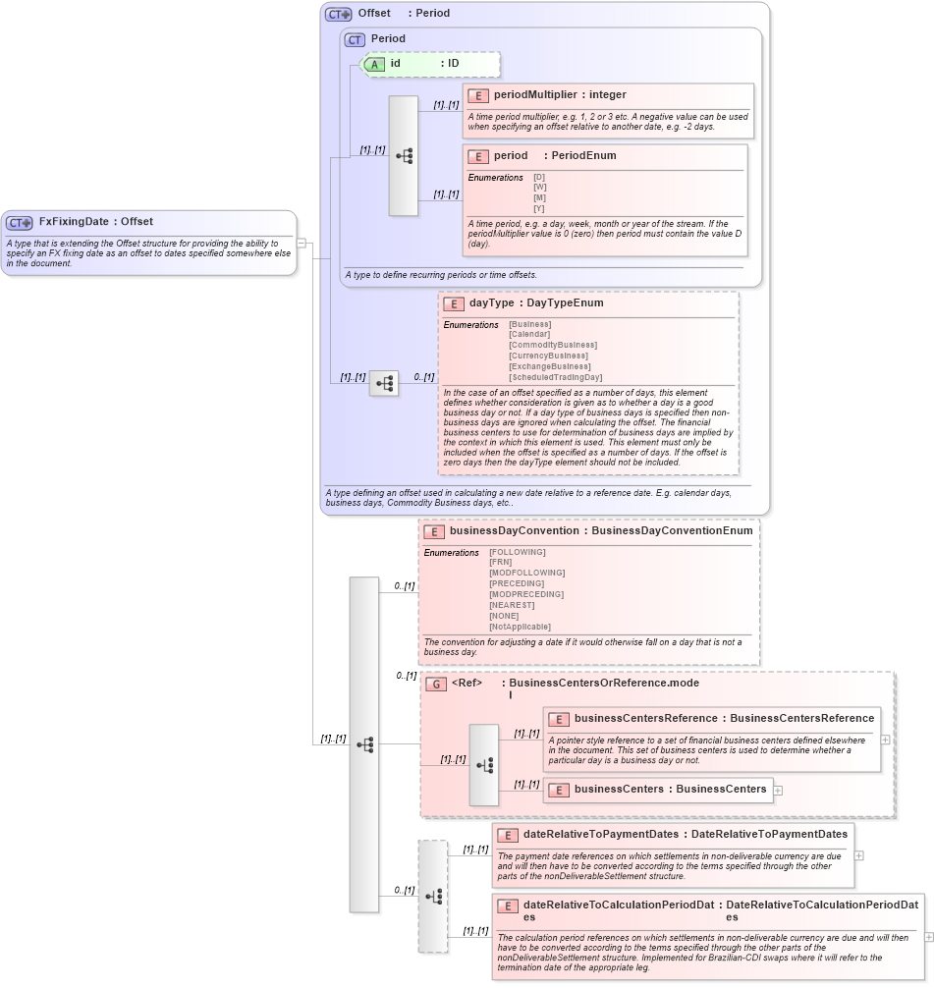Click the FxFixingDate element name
point(74,222)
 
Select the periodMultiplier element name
point(535,95)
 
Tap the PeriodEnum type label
point(583,156)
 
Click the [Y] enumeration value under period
point(539,209)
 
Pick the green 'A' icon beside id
point(375,64)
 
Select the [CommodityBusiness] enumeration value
point(552,346)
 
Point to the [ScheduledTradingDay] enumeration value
point(555,377)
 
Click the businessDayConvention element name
point(514,531)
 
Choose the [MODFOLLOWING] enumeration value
point(526,573)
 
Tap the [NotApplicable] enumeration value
point(520,627)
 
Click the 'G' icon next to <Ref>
point(436,684)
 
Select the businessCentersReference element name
point(645,719)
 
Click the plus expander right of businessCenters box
point(778,790)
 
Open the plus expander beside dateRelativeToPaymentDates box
point(859,855)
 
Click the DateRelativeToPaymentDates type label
point(769,835)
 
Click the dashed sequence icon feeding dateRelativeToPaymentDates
point(433,896)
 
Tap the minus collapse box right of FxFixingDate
point(302,242)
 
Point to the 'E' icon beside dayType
point(454,303)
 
